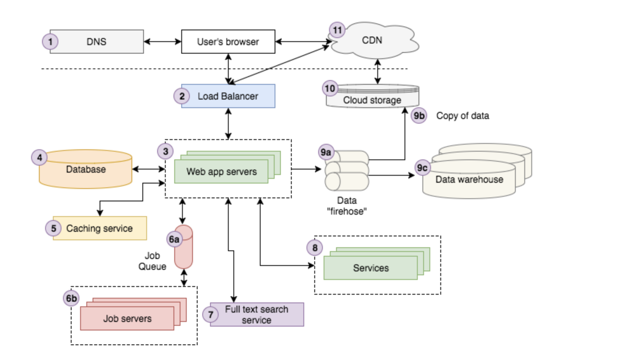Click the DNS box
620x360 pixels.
click(x=96, y=42)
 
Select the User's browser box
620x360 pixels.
click(x=228, y=42)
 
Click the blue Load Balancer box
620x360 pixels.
click(x=228, y=96)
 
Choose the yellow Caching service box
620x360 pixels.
click(x=100, y=228)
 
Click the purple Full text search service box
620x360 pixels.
click(x=257, y=315)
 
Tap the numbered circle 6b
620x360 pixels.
click(x=71, y=298)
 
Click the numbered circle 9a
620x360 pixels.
click(x=326, y=152)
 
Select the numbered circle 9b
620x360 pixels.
click(x=419, y=115)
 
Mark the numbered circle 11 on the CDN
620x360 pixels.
click(x=337, y=30)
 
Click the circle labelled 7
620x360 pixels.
click(x=210, y=314)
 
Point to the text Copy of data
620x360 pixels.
click(x=462, y=115)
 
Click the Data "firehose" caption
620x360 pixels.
click(x=347, y=206)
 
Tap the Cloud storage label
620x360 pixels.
click(x=372, y=100)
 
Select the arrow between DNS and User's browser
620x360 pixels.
click(x=163, y=42)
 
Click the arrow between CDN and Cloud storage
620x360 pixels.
click(x=377, y=72)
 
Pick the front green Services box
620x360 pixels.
click(x=371, y=268)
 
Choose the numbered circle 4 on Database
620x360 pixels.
click(x=39, y=157)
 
